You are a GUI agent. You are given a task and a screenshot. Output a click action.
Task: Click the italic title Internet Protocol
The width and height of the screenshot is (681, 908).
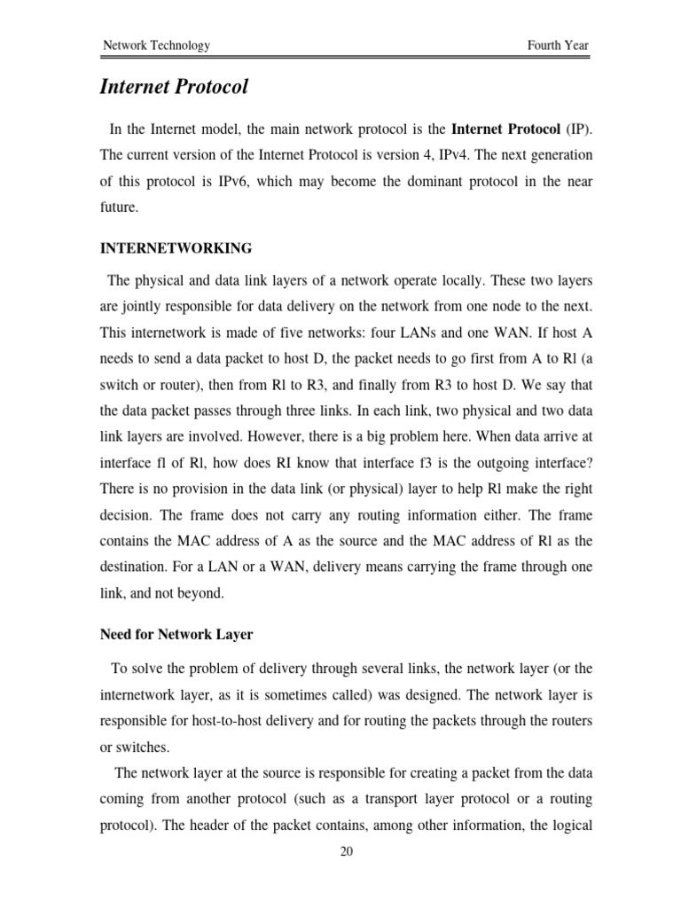tap(174, 88)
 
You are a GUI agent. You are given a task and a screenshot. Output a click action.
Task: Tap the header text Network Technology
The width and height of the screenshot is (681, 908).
tap(156, 45)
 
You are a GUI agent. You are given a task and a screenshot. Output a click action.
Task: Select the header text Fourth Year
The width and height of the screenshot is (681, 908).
tap(556, 45)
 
